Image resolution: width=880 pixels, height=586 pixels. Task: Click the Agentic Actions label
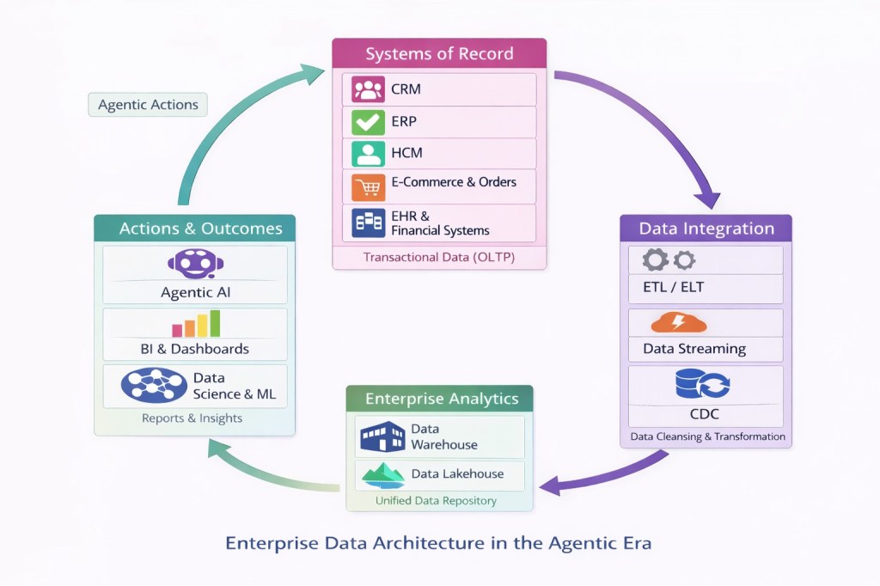coord(148,105)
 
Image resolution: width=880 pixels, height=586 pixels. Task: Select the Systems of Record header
coord(439,54)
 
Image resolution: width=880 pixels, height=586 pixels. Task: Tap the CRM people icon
coord(369,89)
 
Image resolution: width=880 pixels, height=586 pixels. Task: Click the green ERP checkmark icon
coord(369,122)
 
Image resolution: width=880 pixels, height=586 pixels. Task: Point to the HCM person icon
coord(369,154)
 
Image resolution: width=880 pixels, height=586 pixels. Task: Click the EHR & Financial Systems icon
coord(369,223)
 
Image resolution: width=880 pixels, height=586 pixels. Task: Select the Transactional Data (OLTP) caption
coord(438,257)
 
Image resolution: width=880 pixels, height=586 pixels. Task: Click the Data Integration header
coord(706,229)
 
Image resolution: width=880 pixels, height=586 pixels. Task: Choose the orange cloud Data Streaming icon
coord(678,323)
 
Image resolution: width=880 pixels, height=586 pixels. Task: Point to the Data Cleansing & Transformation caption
coord(707,436)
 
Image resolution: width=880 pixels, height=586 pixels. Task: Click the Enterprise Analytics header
coord(441,399)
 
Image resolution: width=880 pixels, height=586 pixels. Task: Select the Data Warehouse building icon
coord(382,436)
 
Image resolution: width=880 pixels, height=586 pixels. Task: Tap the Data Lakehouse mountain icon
coord(382,474)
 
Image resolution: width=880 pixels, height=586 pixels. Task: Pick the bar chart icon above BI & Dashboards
coord(196,324)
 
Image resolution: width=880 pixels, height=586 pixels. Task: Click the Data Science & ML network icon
coord(154,385)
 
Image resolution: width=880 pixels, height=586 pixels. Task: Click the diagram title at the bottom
coord(438,543)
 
